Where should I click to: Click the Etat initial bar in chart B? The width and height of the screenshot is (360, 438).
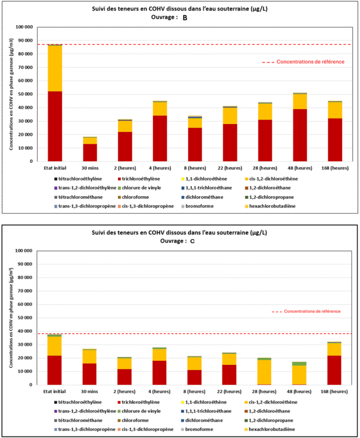click(x=55, y=103)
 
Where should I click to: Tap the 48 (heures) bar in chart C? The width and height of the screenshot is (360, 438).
click(x=299, y=373)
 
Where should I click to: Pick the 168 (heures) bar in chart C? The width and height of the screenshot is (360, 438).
click(x=334, y=364)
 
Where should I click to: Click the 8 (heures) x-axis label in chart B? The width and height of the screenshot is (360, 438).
click(x=195, y=168)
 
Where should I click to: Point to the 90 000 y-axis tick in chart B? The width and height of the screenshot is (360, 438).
click(x=24, y=41)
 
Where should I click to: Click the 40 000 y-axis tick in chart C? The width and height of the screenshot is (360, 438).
click(x=24, y=331)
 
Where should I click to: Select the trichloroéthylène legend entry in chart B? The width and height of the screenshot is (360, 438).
click(x=139, y=179)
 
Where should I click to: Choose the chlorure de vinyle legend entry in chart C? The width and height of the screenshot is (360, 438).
click(x=139, y=411)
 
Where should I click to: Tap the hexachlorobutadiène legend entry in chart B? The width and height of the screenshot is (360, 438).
click(x=270, y=206)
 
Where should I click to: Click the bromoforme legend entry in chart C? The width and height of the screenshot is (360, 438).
click(x=197, y=429)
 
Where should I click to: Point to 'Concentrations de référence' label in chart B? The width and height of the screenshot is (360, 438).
click(x=310, y=62)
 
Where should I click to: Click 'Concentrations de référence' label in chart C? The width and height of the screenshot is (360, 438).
click(x=312, y=311)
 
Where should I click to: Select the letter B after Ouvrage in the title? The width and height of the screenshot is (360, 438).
click(x=185, y=18)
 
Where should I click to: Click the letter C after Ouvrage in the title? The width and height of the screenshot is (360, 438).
click(x=192, y=241)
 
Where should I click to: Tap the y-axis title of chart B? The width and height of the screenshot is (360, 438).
click(x=11, y=94)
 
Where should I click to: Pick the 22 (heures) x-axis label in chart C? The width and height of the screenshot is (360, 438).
click(x=229, y=392)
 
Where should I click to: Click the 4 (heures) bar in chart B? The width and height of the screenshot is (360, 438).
click(x=160, y=131)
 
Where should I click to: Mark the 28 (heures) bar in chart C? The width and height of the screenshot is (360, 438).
click(x=264, y=372)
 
